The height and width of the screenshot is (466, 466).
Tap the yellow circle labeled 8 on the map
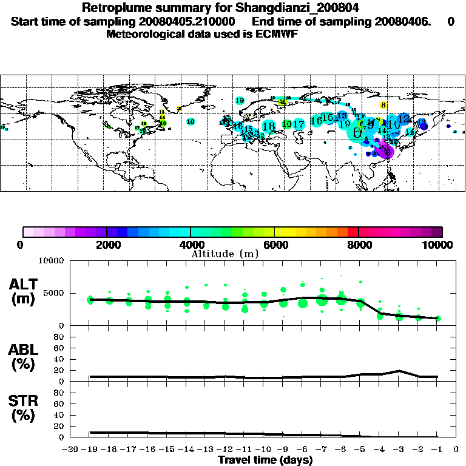point(383,105)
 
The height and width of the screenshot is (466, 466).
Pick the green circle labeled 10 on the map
point(286,124)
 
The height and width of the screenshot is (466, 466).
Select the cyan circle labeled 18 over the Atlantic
point(191,121)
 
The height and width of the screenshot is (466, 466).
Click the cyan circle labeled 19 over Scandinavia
point(240,101)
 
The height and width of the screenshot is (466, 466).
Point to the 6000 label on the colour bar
point(275,245)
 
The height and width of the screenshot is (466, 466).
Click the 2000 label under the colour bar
point(107,245)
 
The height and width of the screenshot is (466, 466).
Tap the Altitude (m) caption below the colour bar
point(225,253)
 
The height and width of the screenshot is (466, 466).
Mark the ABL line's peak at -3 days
point(399,371)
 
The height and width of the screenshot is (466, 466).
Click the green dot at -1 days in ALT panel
point(437,319)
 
